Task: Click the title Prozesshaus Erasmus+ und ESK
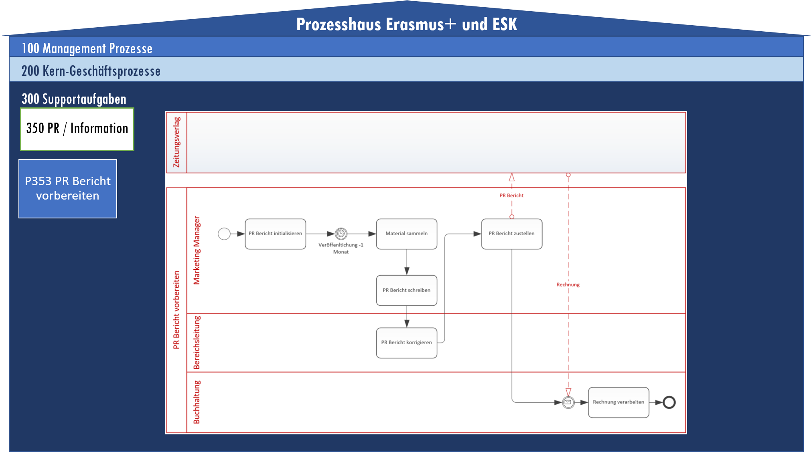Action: [x=406, y=24]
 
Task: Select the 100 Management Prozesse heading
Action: [x=87, y=48]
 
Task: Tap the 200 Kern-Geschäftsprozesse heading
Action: [x=91, y=71]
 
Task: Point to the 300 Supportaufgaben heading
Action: [x=74, y=99]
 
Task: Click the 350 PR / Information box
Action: [x=77, y=129]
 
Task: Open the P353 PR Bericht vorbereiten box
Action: [x=68, y=188]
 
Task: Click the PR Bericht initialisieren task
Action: [x=275, y=234]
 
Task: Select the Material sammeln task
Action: [x=406, y=234]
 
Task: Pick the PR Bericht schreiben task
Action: [x=406, y=290]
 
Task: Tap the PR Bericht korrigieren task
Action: [x=406, y=343]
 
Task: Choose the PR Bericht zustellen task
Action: [x=511, y=234]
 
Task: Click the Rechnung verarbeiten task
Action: [x=618, y=402]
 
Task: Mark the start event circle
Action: [x=224, y=234]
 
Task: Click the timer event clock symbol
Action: [x=341, y=234]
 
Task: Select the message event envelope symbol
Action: [x=568, y=402]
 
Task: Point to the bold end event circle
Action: [x=669, y=402]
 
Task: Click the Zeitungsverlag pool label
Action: [x=176, y=142]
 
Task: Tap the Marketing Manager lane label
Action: [x=197, y=250]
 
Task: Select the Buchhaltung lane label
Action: [x=197, y=402]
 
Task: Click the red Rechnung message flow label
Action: [x=568, y=285]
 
